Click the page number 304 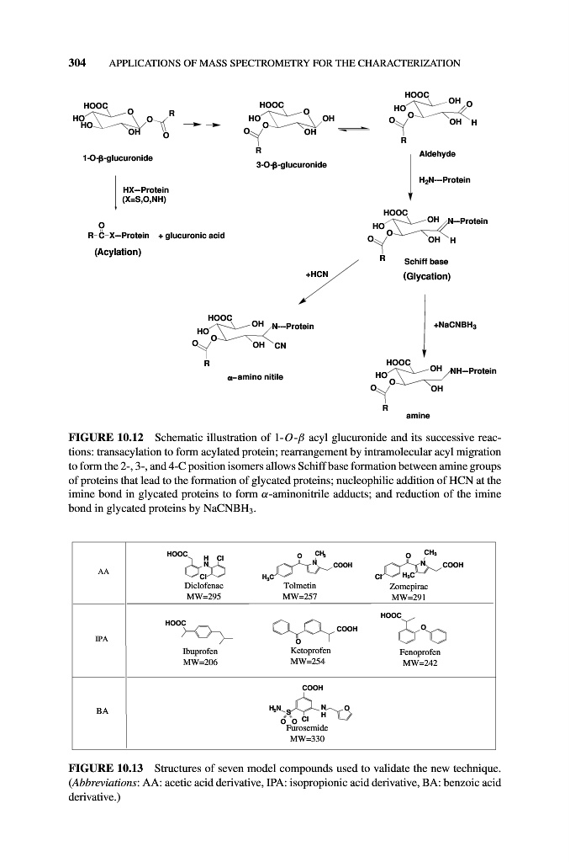[x=78, y=62]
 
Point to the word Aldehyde [x=436, y=154]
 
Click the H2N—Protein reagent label [x=444, y=180]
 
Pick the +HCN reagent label [x=317, y=274]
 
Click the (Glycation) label [x=428, y=276]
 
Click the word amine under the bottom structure [x=418, y=416]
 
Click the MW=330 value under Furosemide [x=306, y=740]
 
